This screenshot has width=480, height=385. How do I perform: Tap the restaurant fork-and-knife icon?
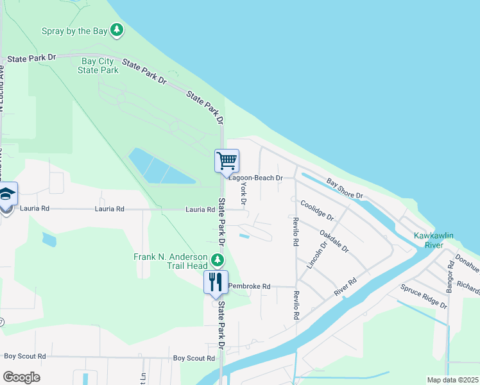tap(215, 281)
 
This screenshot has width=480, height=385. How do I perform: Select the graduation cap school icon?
tap(6, 193)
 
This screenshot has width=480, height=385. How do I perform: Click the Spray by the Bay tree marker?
tap(117, 30)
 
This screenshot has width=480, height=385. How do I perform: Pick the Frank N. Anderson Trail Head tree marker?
tap(218, 260)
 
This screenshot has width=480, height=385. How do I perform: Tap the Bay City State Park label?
tap(99, 65)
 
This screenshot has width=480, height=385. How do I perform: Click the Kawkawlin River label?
tap(433, 240)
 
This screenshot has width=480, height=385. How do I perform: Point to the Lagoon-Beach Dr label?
tap(255, 178)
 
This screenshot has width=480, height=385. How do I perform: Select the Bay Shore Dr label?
tap(345, 188)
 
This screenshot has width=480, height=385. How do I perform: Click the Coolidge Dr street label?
tap(318, 210)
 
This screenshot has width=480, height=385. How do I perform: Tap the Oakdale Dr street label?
tap(334, 240)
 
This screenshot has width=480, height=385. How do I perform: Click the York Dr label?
tap(243, 187)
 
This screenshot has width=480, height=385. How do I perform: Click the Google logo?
tap(21, 377)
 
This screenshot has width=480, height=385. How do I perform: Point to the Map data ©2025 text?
tap(452, 380)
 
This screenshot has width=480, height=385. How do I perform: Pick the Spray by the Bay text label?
tap(74, 30)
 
